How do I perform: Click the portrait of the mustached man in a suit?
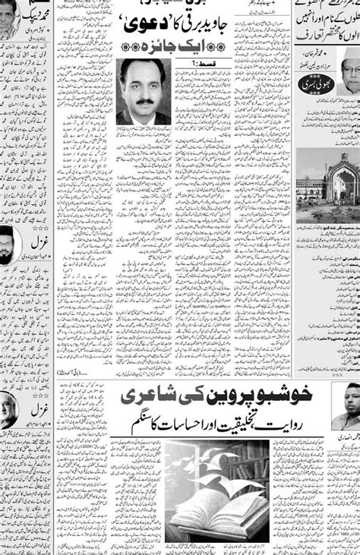point(144,91)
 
